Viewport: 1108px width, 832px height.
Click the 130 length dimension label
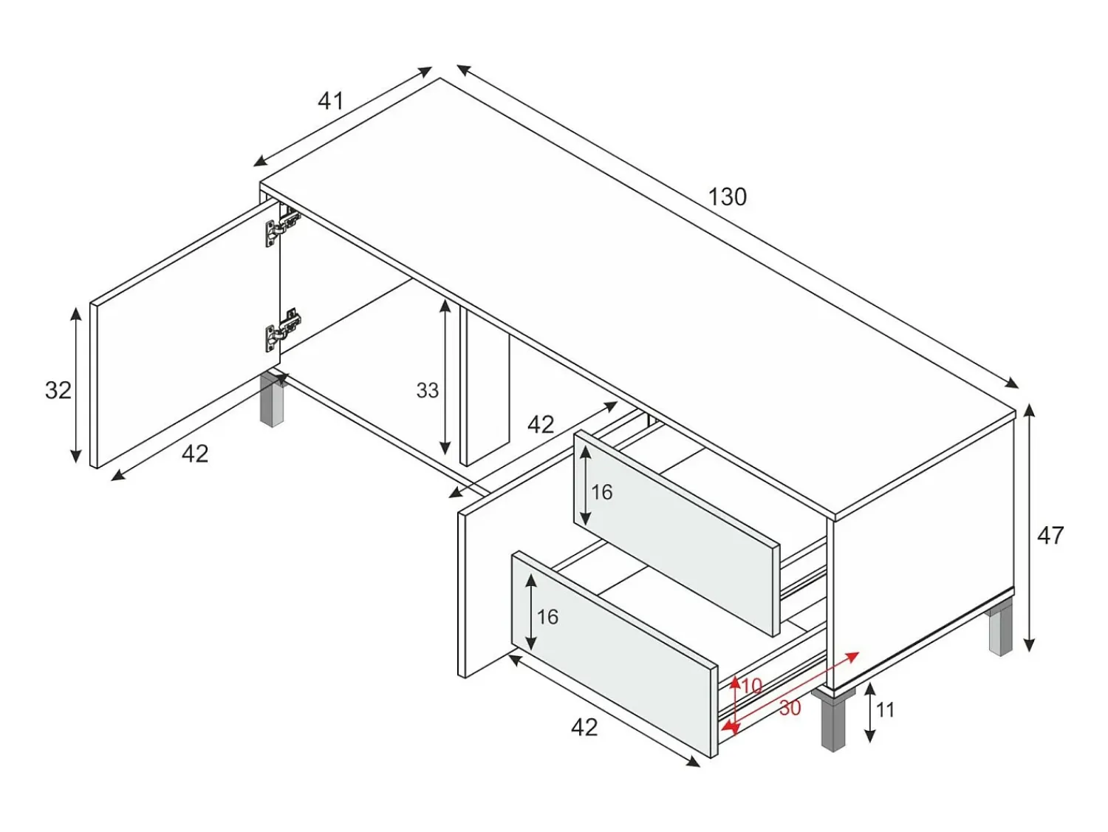click(728, 197)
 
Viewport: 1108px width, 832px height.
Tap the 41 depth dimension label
click(331, 101)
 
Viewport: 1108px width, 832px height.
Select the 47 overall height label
click(1050, 536)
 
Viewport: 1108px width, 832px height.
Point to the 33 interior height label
click(427, 390)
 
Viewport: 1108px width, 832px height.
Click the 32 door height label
click(58, 390)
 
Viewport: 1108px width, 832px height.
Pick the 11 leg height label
click(885, 710)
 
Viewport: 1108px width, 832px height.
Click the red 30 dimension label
click(790, 709)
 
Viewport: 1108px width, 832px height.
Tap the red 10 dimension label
click(752, 686)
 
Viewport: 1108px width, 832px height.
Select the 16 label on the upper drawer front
click(602, 492)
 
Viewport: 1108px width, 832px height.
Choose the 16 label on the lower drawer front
click(547, 617)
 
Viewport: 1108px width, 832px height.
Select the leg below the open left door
click(273, 400)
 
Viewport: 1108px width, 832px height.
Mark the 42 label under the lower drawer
click(584, 728)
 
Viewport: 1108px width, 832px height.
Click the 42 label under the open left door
click(195, 454)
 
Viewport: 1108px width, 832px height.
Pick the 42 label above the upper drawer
click(541, 425)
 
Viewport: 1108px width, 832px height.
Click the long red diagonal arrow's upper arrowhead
click(853, 656)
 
